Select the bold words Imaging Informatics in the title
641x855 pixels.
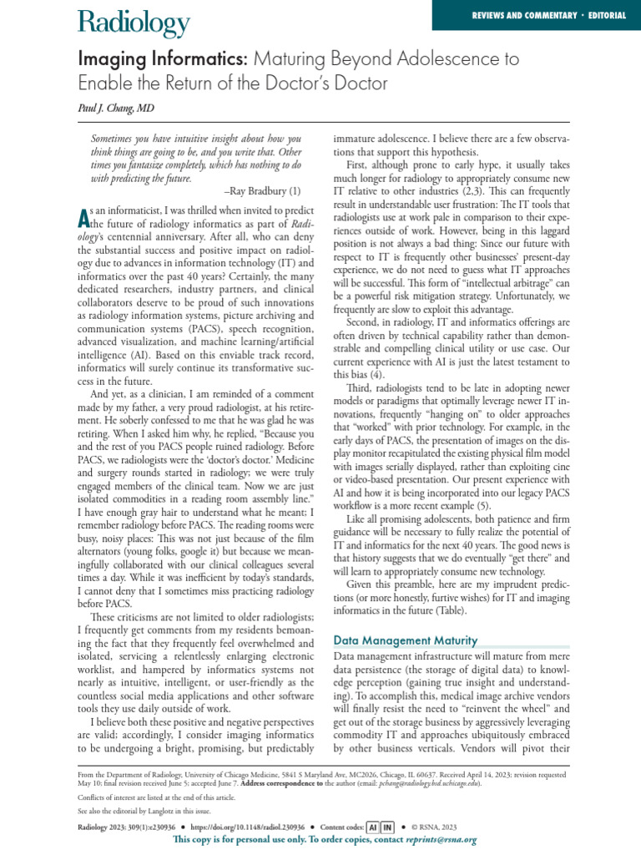pos(164,60)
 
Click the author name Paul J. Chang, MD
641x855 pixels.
pos(118,109)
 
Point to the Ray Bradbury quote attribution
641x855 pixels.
pos(263,191)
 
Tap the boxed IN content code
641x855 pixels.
pos(387,827)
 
